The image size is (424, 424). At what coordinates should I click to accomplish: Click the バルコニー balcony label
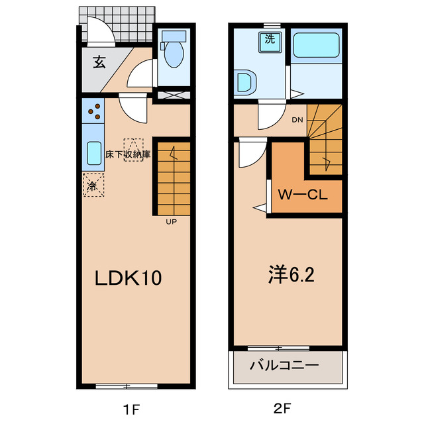click(x=285, y=366)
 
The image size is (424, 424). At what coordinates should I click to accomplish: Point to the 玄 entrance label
click(x=99, y=63)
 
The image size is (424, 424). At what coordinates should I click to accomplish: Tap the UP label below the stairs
click(x=171, y=222)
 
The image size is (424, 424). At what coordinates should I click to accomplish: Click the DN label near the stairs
click(x=297, y=120)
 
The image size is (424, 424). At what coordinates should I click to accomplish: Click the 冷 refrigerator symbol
click(x=93, y=185)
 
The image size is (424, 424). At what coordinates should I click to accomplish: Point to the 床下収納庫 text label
click(x=128, y=154)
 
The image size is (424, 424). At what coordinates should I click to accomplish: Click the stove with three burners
click(x=93, y=111)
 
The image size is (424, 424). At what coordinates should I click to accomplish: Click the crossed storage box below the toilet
click(x=174, y=95)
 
